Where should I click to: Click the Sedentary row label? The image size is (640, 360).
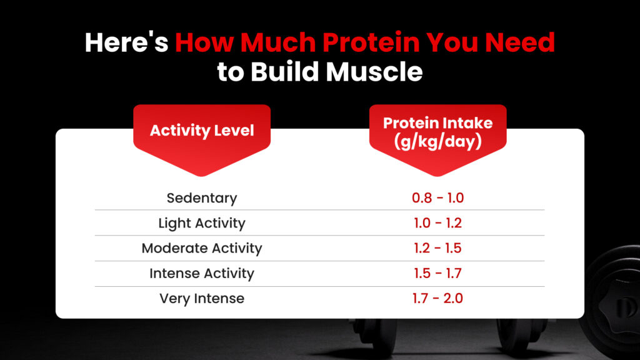202,198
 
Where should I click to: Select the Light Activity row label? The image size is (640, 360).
202,223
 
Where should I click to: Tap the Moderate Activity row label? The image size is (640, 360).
202,248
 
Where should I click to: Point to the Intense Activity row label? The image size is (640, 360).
202,273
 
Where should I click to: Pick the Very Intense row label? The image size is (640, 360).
202,299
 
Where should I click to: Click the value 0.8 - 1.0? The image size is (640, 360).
437,198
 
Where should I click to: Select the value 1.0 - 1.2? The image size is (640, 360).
437,223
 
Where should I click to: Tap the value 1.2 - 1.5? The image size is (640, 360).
437,248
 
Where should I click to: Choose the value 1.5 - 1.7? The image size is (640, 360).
437,273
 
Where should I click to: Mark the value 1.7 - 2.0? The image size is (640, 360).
437,299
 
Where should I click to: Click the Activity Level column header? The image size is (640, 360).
202,131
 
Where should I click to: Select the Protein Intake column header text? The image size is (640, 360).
437,122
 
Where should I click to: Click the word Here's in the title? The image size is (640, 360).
126,42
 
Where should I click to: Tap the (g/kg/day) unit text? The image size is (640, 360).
437,141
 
